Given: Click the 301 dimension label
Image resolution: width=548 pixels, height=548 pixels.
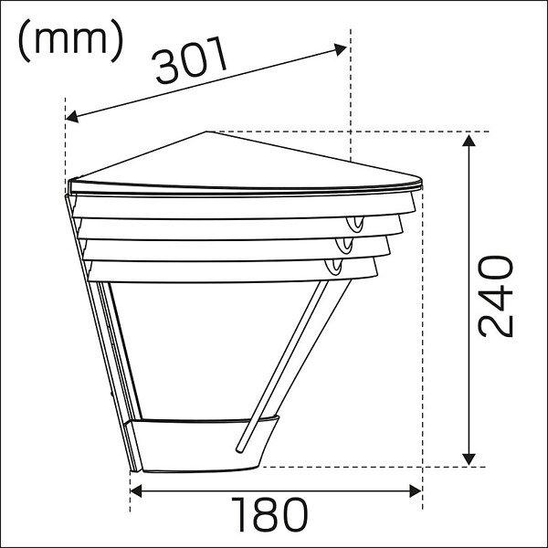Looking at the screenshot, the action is click(x=190, y=61).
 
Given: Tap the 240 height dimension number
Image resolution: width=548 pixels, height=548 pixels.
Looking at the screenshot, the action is click(x=496, y=296).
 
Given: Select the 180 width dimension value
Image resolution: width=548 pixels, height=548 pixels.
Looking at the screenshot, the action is click(x=269, y=514).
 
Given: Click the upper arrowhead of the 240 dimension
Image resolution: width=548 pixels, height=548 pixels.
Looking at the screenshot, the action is click(x=469, y=141).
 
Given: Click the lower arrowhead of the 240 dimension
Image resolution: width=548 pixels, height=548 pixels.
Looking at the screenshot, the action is click(x=469, y=459).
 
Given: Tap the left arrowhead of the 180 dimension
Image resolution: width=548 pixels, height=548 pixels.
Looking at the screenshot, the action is click(x=136, y=491).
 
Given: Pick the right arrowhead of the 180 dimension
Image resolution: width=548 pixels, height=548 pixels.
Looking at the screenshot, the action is click(x=416, y=491).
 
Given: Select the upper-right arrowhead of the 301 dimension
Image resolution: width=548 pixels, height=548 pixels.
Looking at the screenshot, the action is click(x=340, y=49).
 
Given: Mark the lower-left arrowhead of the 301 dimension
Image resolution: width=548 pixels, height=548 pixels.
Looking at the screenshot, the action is click(x=72, y=117).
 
